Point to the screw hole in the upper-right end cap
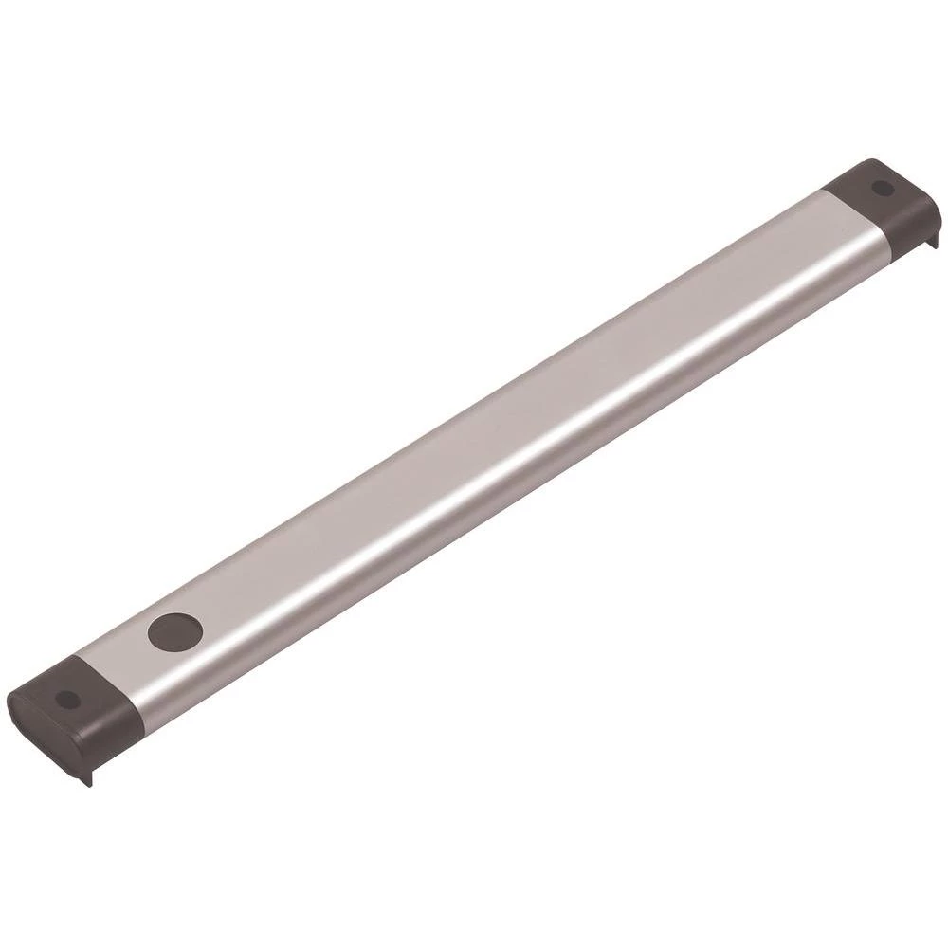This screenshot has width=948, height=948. (883, 187)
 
